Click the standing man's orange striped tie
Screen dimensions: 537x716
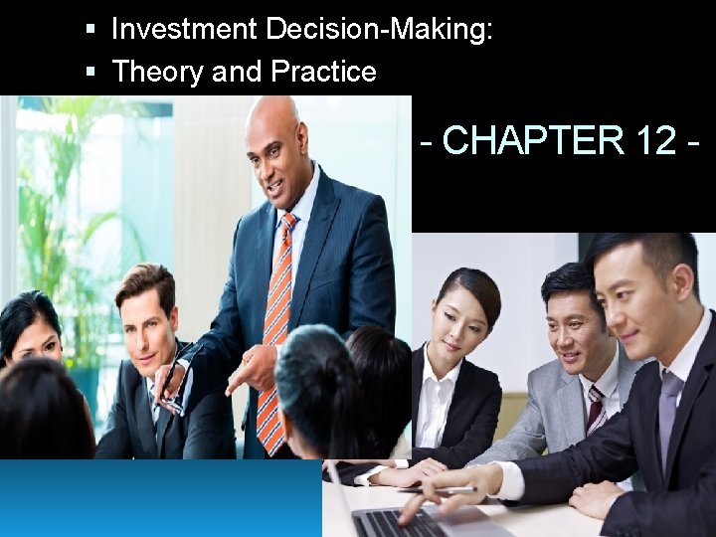point(274,328)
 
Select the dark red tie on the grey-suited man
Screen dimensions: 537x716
point(596,408)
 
